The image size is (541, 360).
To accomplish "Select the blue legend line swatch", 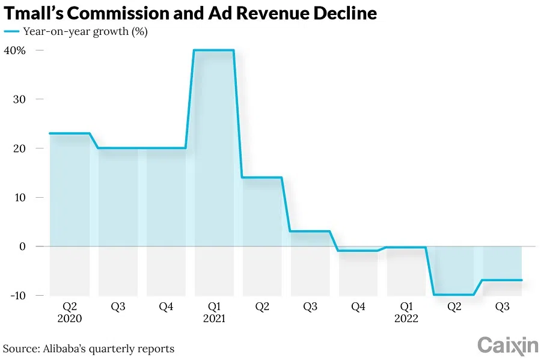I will (11, 32).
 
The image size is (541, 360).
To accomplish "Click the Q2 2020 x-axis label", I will (69, 312).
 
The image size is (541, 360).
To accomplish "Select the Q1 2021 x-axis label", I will (214, 312).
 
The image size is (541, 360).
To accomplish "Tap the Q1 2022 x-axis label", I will (406, 312).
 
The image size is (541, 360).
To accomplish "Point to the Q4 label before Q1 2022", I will (358, 307).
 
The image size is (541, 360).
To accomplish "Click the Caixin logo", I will (507, 345).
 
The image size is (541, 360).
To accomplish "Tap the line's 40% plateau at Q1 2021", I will (214, 50).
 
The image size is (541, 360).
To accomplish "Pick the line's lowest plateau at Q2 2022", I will (454, 294).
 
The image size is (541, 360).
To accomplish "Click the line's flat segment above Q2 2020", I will (69, 133).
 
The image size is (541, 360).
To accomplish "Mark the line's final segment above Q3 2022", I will (503, 280).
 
